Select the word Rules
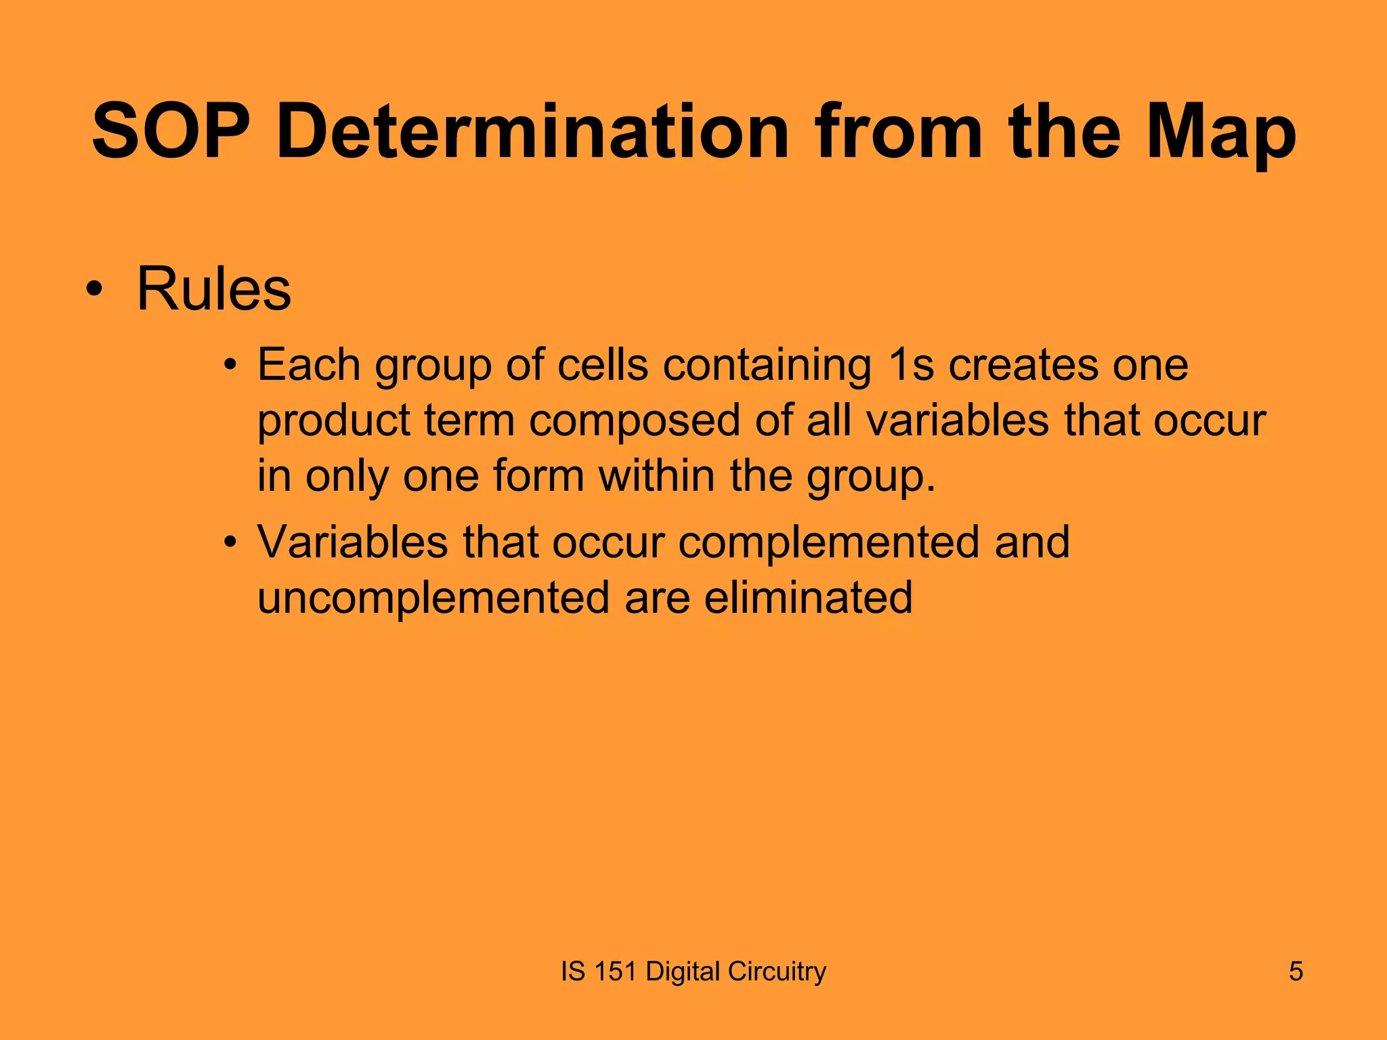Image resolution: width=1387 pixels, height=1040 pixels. click(x=213, y=289)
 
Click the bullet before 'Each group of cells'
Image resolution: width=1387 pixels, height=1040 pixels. click(x=231, y=366)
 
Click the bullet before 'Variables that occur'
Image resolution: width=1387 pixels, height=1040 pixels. click(x=231, y=543)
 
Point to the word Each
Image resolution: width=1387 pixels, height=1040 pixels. click(x=308, y=366)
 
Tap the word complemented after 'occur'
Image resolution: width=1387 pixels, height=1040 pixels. click(x=828, y=544)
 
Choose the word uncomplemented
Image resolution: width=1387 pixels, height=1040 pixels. click(x=433, y=599)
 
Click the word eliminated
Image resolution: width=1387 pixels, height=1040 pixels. click(x=808, y=597)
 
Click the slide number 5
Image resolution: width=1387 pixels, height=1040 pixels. click(x=1296, y=972)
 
